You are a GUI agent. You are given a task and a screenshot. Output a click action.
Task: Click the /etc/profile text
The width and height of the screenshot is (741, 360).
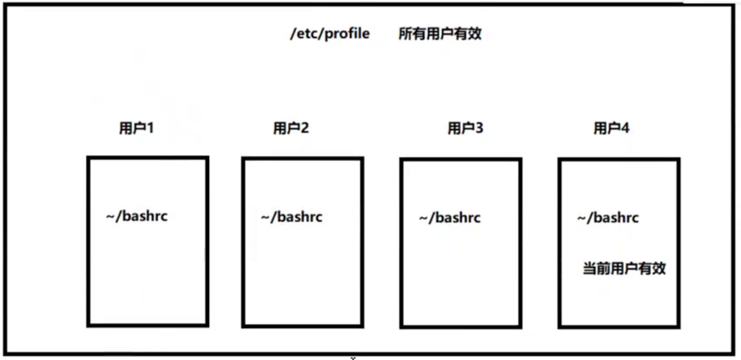[x=330, y=34]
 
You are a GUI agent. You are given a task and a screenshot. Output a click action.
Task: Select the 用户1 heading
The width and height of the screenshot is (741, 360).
[x=135, y=129]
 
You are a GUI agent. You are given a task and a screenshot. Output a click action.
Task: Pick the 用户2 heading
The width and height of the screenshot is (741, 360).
[x=291, y=129]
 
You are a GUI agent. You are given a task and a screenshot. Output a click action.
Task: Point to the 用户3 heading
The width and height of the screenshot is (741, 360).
[x=465, y=129]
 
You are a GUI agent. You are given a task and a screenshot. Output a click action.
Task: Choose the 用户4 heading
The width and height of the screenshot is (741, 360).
[x=611, y=129]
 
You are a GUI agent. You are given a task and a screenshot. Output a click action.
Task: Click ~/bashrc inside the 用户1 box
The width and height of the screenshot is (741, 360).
[x=137, y=217]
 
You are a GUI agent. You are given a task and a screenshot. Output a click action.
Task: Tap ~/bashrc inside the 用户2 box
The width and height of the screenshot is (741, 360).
[x=292, y=217]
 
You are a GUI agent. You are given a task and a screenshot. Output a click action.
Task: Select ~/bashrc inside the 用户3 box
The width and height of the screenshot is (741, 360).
[x=450, y=218]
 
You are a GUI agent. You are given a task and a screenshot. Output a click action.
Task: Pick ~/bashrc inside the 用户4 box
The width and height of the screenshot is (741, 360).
[x=608, y=218]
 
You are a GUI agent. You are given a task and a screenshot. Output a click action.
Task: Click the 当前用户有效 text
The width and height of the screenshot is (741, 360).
[x=623, y=269]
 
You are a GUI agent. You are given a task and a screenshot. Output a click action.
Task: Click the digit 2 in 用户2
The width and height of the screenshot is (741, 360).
[x=305, y=129]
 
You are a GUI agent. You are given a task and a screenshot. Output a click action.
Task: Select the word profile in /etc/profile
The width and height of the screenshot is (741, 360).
[x=347, y=34]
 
